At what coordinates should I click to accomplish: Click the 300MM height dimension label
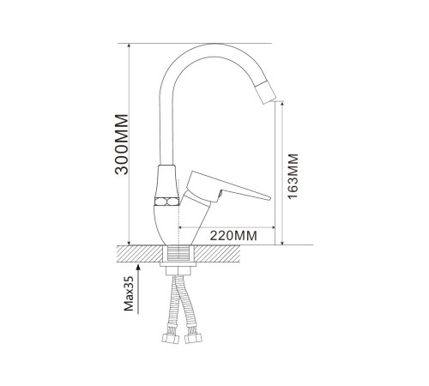coord(122,144)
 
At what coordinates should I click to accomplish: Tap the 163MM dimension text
coord(293,177)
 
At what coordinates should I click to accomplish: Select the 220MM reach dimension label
coord(233,236)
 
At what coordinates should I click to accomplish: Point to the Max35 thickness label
coord(129,293)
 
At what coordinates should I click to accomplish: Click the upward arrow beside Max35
coord(138,289)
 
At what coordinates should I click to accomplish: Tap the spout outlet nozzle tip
coord(266,92)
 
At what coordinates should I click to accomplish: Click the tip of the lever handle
coord(269,198)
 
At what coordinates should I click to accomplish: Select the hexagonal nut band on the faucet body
coord(166,202)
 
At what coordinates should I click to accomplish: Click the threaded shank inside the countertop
coord(178,254)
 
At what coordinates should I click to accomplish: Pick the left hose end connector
coord(171,338)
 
